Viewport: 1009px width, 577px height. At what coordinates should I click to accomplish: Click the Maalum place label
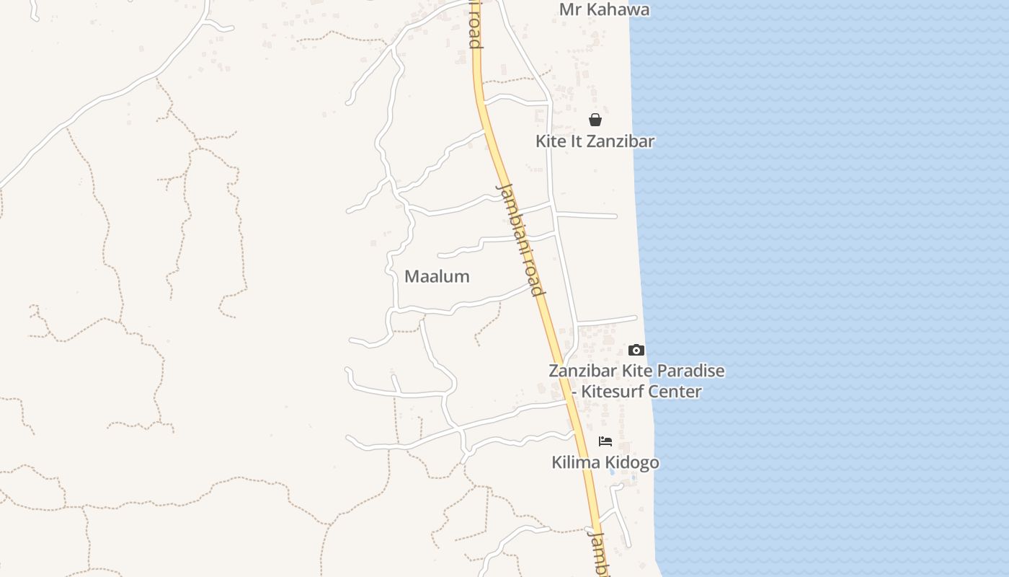[437, 276]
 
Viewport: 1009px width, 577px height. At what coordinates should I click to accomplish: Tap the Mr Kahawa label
[604, 9]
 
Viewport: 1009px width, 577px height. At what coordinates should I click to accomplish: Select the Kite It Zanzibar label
[595, 141]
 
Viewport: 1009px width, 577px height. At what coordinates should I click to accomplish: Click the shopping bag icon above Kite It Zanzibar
[595, 120]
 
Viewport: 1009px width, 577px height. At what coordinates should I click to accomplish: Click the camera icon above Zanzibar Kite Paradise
[636, 350]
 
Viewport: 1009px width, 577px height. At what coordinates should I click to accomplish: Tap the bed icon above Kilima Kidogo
[605, 441]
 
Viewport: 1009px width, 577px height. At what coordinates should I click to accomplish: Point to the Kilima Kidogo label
[605, 462]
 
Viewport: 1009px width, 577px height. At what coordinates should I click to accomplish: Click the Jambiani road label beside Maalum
[519, 240]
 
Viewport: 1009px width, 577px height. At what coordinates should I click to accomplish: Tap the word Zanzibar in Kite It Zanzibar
[621, 141]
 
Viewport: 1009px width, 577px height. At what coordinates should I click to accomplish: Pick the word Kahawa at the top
[617, 9]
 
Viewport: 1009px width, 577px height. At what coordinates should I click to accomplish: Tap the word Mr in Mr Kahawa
[570, 9]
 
